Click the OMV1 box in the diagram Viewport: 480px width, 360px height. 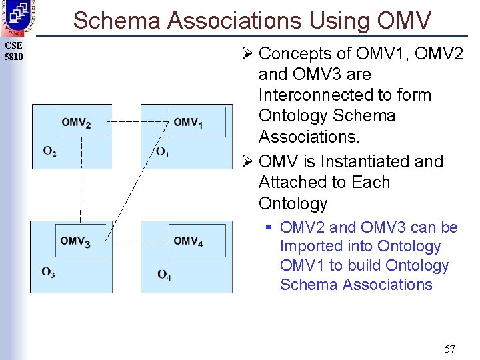point(197,122)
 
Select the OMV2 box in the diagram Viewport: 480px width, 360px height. point(81,122)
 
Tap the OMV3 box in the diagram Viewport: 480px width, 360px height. point(81,241)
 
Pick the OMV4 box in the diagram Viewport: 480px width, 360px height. point(197,241)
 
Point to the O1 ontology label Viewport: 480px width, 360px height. point(163,153)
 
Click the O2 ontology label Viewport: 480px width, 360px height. point(50,152)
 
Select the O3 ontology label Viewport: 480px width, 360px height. point(49,272)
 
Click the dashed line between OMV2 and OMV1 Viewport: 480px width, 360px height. point(137,122)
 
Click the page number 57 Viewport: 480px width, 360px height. point(449,348)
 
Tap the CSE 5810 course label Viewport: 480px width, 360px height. point(13,51)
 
